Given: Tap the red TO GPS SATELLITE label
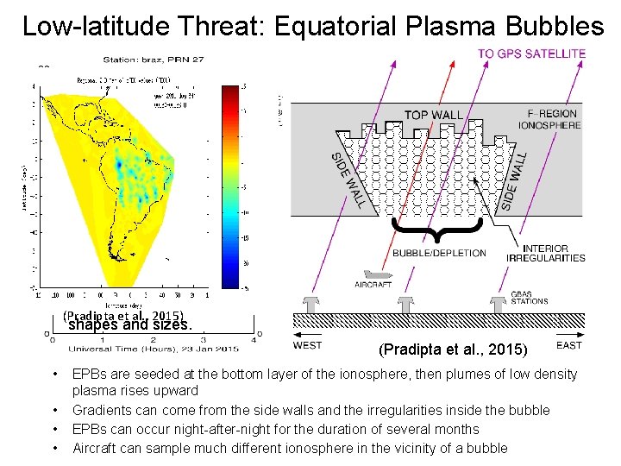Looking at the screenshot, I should [x=531, y=54].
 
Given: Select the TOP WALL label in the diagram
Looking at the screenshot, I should [x=433, y=116].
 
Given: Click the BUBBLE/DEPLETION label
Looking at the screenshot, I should [x=439, y=254].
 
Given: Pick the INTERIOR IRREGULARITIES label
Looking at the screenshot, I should [x=557, y=253].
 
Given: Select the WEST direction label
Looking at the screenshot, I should [x=308, y=345].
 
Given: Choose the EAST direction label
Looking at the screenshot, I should [x=569, y=345].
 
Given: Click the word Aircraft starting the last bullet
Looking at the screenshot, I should [x=96, y=448].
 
